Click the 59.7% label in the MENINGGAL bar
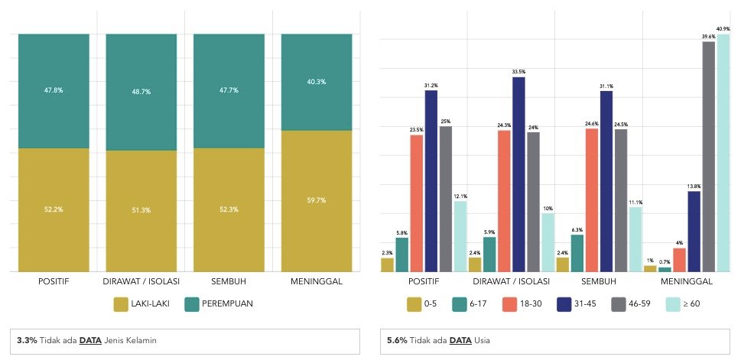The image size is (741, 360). coord(317,200)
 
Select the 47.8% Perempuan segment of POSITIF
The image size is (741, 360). coord(54,90)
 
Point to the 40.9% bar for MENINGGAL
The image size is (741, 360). coord(723,153)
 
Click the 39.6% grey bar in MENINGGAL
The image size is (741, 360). coord(708,157)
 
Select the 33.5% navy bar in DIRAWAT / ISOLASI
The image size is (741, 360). coord(519,174)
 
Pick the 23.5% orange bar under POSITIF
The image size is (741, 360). coord(417,203)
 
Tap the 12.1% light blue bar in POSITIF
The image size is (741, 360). coord(460,236)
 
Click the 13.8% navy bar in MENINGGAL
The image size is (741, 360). coord(694,231)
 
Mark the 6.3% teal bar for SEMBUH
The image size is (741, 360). coord(577,253)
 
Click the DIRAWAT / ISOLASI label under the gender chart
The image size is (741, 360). coord(141,281)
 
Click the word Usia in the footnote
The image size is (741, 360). coord(483,340)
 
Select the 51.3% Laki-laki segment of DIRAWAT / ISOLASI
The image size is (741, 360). coord(141,210)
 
